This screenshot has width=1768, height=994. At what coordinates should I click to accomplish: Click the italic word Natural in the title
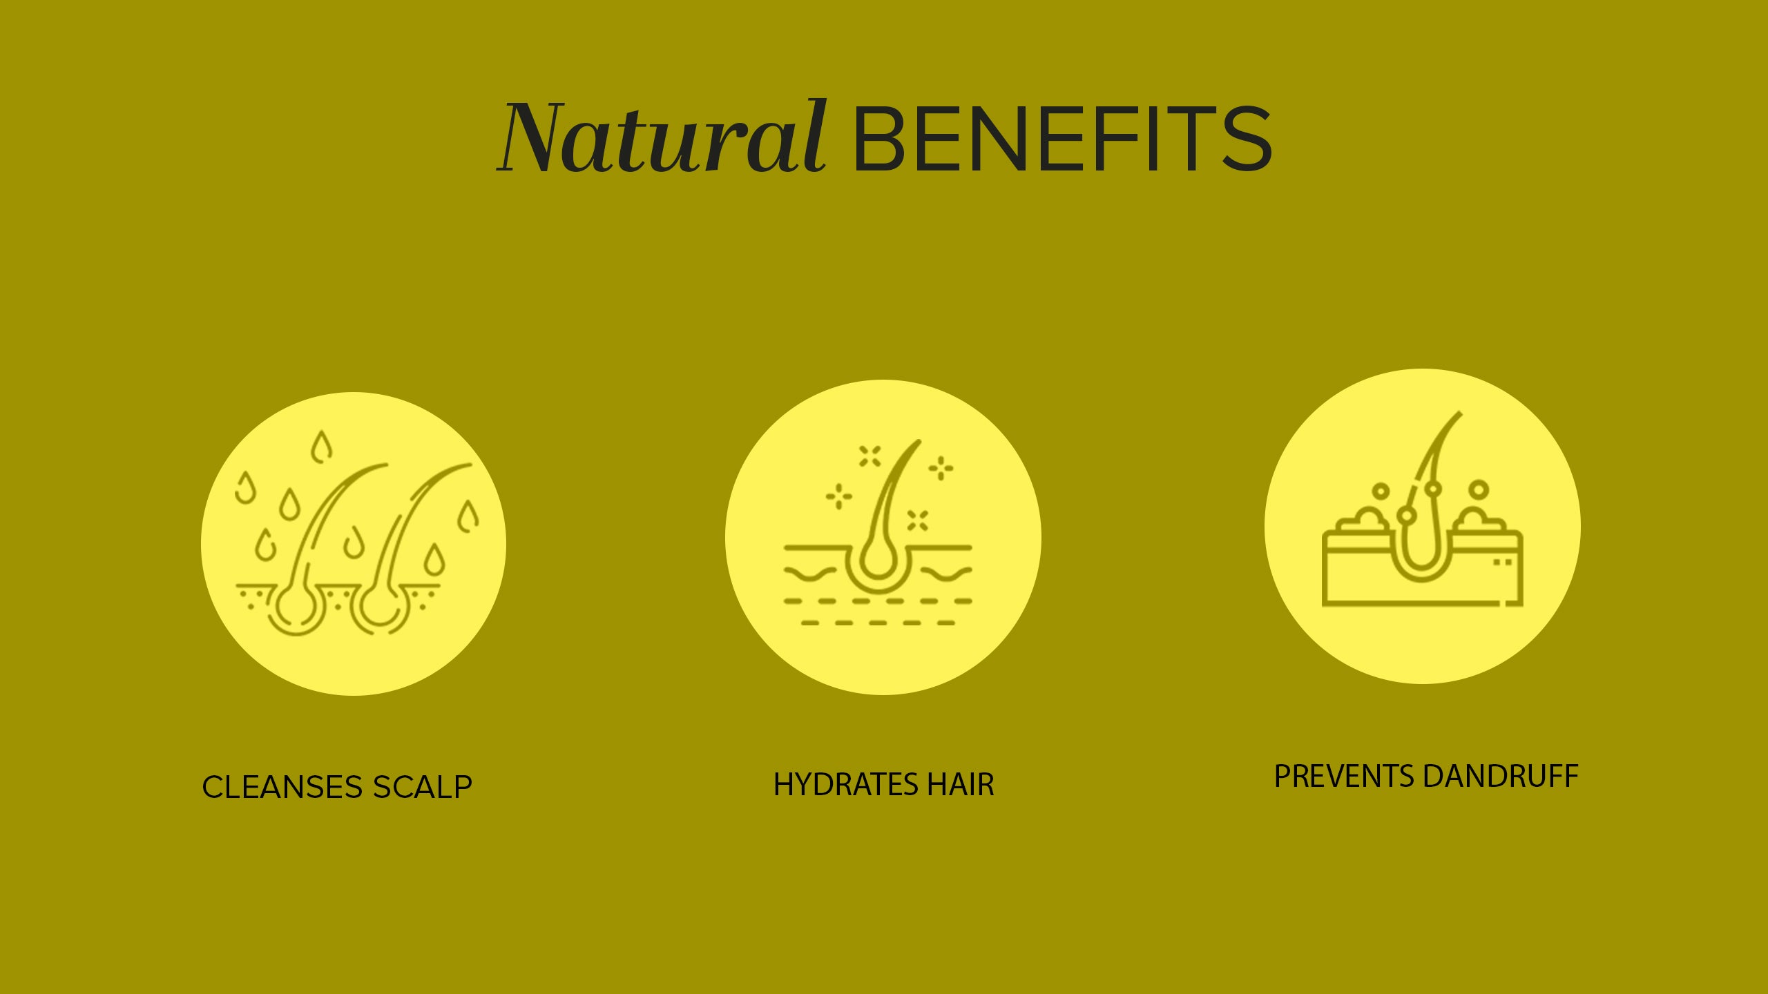[x=662, y=137]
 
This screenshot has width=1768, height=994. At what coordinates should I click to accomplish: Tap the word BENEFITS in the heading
[x=1062, y=138]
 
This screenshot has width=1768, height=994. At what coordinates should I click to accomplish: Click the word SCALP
[x=422, y=787]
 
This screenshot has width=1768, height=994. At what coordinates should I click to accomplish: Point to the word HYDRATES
[x=846, y=785]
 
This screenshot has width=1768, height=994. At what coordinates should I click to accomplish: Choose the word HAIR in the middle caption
[x=961, y=785]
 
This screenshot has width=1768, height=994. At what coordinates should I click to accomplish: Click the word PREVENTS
[x=1344, y=777]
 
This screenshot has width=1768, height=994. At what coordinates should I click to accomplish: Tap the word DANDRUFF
[x=1501, y=777]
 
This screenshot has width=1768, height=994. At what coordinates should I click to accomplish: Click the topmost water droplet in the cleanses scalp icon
[x=320, y=447]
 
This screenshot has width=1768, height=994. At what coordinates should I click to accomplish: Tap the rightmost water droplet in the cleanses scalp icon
[x=468, y=516]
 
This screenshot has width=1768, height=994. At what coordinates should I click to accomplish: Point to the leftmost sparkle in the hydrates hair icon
[x=839, y=496]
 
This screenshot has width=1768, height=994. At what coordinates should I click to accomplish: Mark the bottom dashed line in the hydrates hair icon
[x=878, y=623]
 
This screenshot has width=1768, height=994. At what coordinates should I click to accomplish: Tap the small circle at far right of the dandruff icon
[x=1479, y=490]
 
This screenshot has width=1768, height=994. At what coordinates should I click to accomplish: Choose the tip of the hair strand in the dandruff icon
[x=1461, y=413]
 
